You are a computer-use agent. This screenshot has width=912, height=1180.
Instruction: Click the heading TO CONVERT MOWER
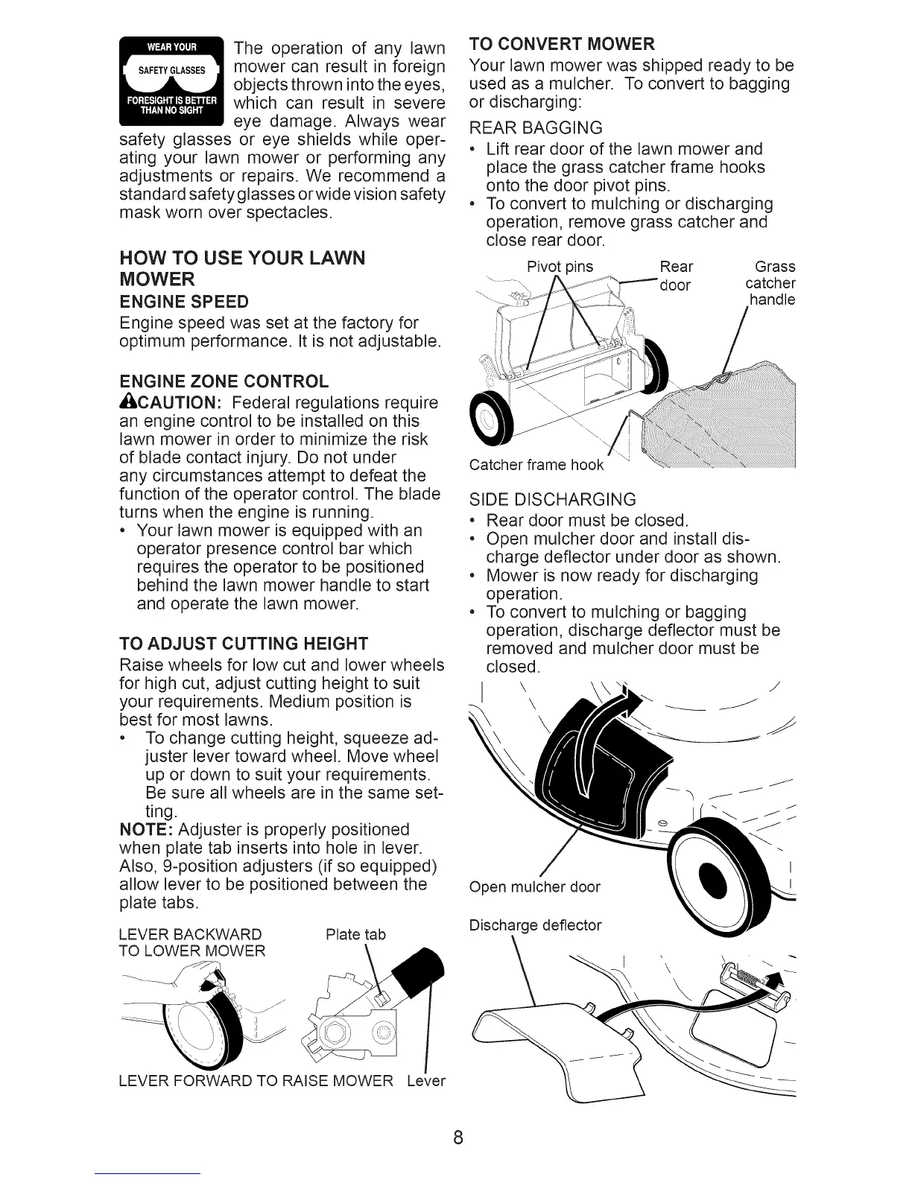click(x=563, y=42)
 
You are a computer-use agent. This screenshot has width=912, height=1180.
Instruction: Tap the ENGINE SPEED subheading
click(x=184, y=302)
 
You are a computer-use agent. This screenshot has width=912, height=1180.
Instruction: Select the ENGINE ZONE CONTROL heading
click(x=224, y=382)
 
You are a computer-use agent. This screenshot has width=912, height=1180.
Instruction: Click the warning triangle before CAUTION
click(x=126, y=402)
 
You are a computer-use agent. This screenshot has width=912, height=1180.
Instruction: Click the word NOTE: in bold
click(x=147, y=830)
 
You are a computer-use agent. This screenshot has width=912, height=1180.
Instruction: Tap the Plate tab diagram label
click(x=356, y=934)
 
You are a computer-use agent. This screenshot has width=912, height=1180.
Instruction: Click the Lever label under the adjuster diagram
click(x=426, y=1080)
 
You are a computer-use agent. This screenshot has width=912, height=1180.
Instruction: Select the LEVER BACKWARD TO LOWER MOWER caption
click(x=191, y=943)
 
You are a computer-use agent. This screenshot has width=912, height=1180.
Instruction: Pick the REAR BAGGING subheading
click(x=535, y=127)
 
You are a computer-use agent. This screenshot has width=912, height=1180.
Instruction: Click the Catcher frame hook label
click(x=536, y=466)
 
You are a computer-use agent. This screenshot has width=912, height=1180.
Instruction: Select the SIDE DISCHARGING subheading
click(x=552, y=499)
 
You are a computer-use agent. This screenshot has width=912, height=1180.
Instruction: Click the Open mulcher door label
click(x=534, y=886)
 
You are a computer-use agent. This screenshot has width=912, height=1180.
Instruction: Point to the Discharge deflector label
click(x=535, y=925)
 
